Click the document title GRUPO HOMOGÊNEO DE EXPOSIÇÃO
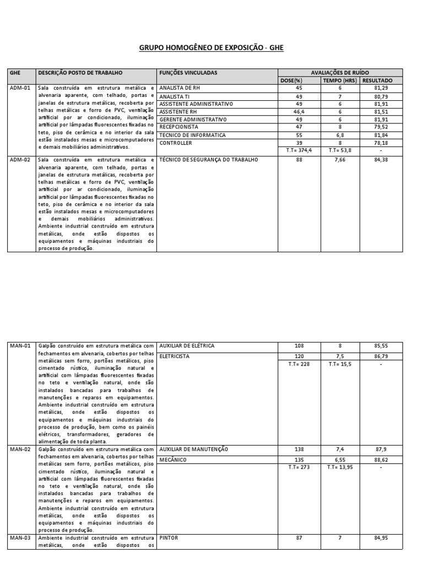211,48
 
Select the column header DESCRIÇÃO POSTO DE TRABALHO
80,73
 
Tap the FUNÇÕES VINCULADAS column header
188,73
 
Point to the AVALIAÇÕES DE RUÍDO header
340,73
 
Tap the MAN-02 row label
20,449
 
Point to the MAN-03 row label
20,537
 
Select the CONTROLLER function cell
176,143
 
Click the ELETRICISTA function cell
175,356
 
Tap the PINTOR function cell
169,537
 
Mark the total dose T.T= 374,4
299,150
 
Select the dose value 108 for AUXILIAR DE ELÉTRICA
299,346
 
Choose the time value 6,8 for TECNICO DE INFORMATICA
340,135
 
